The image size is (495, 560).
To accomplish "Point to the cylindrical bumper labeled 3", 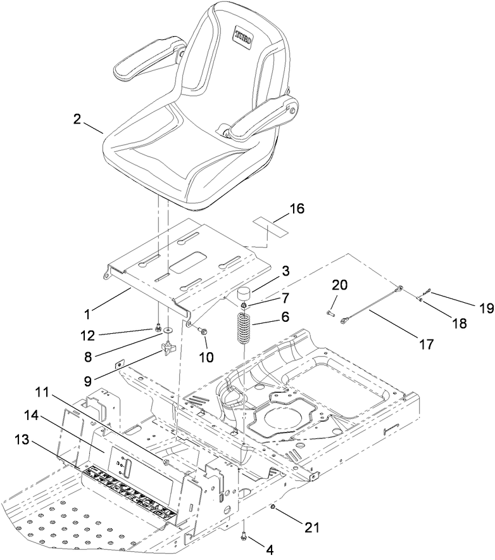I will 244,296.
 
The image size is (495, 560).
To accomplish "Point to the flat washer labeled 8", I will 166,330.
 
